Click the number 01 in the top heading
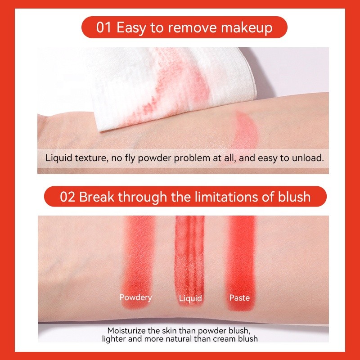(104, 27)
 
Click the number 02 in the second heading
(67, 197)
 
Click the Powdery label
(135, 297)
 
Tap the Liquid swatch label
(190, 298)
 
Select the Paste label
(239, 297)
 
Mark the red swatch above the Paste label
(242, 252)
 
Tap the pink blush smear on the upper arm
(243, 130)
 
